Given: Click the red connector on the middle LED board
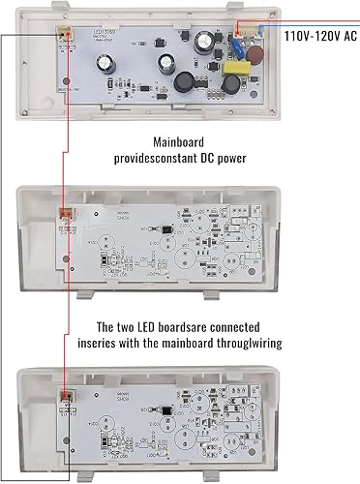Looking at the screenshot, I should [66, 215].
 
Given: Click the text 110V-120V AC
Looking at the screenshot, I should [320, 35].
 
